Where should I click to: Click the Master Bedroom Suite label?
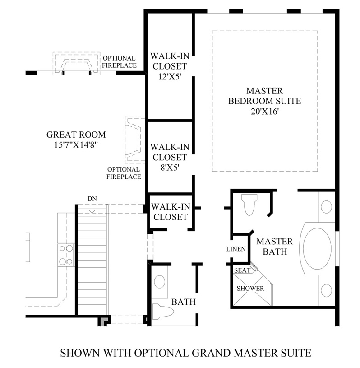(x=264, y=95)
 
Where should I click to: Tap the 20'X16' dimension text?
(x=264, y=111)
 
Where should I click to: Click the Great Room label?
(x=76, y=135)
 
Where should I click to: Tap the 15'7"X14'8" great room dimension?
(x=76, y=145)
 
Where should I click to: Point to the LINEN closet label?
(x=236, y=249)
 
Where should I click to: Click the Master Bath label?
(x=274, y=246)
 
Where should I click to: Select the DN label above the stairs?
(x=92, y=198)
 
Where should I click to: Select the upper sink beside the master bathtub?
(x=327, y=207)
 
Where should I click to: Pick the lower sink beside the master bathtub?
(x=326, y=289)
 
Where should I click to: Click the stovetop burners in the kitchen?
(x=66, y=255)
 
